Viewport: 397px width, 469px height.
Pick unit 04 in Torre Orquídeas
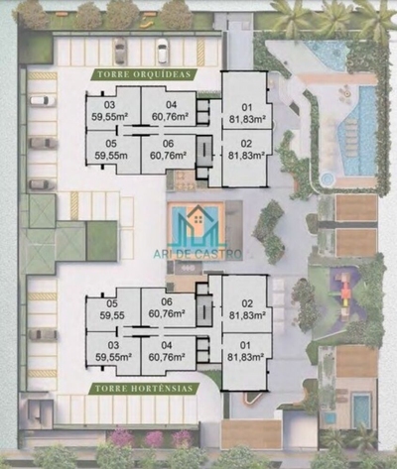[171, 109]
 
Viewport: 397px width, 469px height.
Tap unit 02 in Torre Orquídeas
[243, 150]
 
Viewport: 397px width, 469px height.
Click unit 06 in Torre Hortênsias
[170, 309]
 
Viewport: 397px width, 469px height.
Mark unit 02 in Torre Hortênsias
[243, 309]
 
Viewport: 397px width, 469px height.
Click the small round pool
[329, 178]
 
